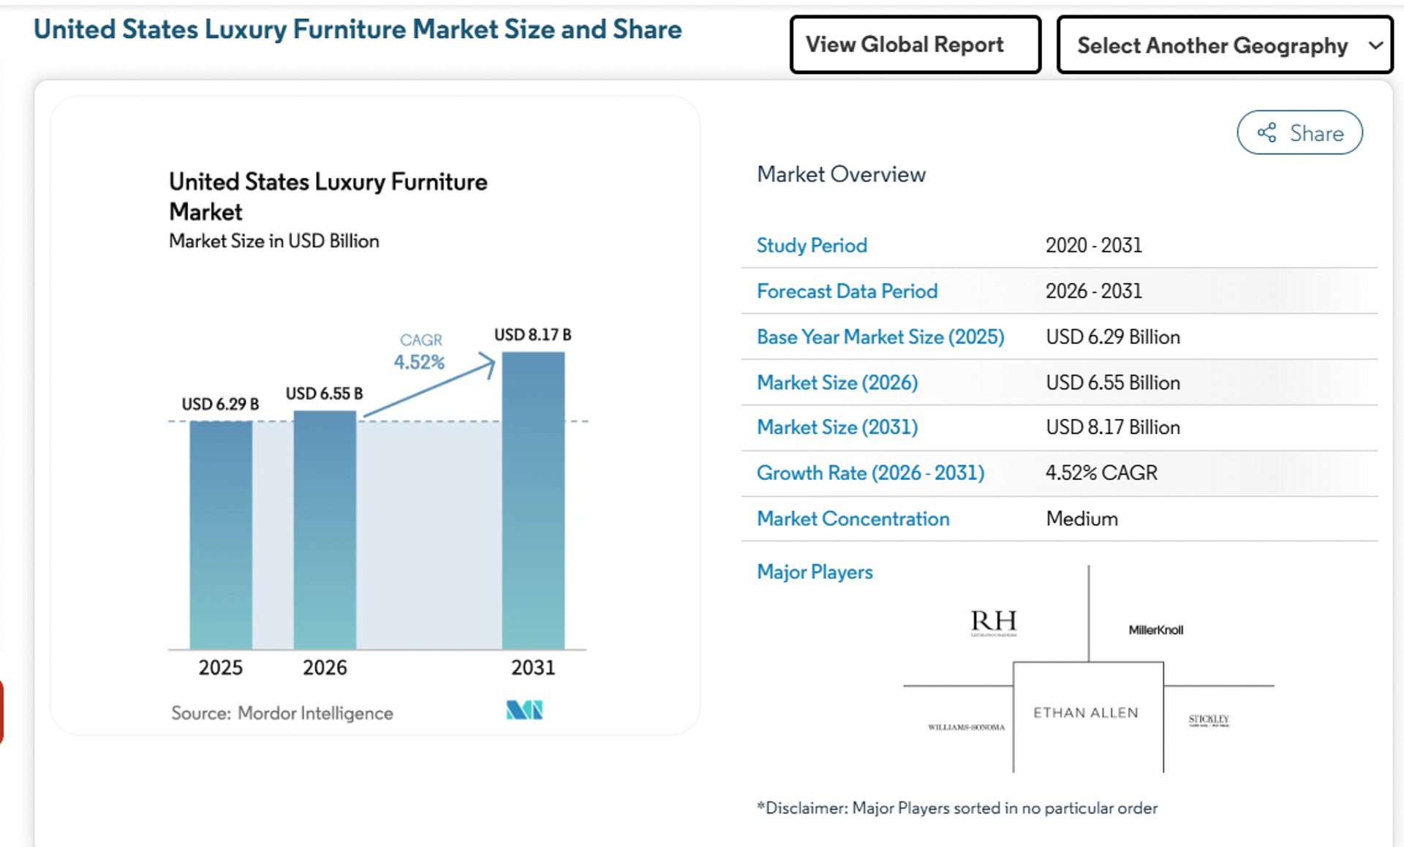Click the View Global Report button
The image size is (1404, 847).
click(x=915, y=45)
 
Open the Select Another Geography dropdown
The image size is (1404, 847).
click(x=1224, y=45)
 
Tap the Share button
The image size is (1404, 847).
click(x=1299, y=132)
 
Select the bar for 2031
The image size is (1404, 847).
click(x=533, y=500)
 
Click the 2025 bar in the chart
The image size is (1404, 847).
click(x=221, y=535)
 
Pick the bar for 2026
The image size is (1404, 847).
click(x=325, y=530)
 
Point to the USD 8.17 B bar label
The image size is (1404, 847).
click(x=532, y=335)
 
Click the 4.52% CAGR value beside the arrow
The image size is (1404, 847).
click(x=419, y=362)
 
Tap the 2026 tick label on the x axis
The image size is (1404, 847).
click(x=325, y=667)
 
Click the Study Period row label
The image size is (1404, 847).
click(x=812, y=245)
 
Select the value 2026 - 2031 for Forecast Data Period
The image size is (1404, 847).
click(x=1093, y=291)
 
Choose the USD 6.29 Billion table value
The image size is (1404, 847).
click(x=1112, y=337)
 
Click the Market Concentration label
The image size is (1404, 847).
click(x=853, y=519)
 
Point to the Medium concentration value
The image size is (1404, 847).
click(x=1082, y=519)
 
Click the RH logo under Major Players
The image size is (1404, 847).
click(x=994, y=622)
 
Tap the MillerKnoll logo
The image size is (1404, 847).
click(x=1155, y=630)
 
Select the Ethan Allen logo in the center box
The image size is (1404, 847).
click(x=1086, y=712)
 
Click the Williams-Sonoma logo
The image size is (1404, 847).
click(x=966, y=727)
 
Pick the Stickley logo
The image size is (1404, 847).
click(x=1209, y=720)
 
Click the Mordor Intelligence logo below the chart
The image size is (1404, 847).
click(x=524, y=709)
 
